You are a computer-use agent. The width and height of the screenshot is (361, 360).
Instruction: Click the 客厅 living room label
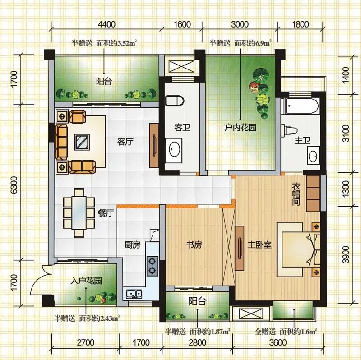125,142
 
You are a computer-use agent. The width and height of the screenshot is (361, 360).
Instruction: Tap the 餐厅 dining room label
106,213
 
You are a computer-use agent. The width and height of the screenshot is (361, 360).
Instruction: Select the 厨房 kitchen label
132,245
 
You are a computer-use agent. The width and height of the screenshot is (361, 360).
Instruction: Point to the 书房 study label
194,245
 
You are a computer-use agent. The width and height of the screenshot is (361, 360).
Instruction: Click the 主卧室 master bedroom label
259,245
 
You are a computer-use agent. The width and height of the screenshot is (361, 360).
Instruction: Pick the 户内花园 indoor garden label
241,128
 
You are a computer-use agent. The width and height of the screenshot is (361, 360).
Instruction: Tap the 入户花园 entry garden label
86,281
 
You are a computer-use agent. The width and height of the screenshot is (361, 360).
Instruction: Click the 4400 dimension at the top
106,24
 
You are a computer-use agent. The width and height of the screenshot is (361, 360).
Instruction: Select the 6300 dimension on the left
14,185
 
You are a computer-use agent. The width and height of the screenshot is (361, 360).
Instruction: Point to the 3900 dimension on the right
346,254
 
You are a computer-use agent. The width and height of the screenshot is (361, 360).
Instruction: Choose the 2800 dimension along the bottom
197,343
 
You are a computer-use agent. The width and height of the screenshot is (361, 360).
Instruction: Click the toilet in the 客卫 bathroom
175,101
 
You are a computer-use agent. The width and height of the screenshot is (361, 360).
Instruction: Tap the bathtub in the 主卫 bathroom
301,106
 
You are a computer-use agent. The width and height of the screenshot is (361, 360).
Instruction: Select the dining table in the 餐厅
79,212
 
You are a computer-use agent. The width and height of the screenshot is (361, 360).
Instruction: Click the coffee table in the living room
82,142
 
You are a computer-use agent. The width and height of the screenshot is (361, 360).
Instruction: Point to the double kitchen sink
134,294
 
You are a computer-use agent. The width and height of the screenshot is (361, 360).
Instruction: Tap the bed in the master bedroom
299,249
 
